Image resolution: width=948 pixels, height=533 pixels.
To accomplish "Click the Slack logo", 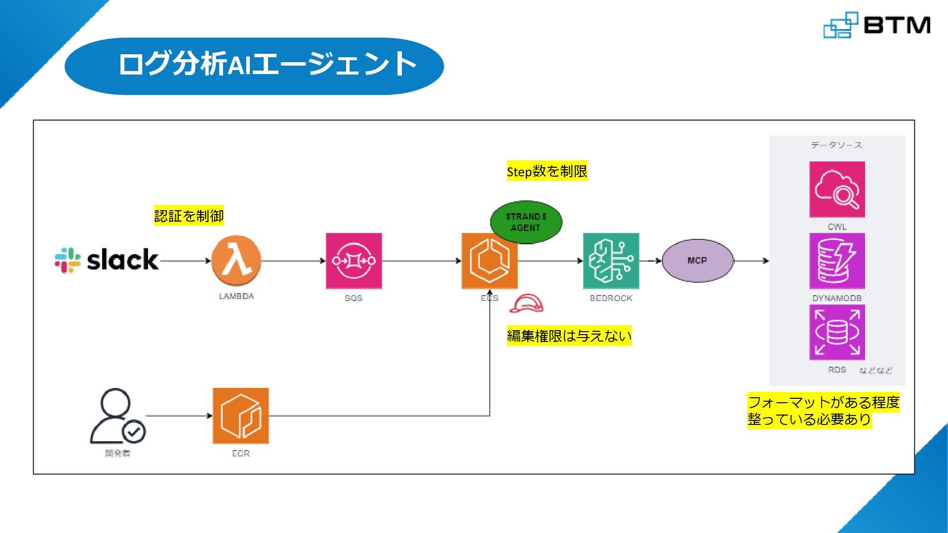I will (107, 260).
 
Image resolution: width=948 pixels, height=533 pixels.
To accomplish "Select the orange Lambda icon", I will (236, 261).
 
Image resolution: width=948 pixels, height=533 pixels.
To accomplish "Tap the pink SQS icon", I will (354, 261).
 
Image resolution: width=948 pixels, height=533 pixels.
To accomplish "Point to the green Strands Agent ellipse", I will (526, 222).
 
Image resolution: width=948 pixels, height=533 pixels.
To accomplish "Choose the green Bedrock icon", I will (611, 261).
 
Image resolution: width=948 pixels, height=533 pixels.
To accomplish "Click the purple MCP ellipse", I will (697, 261).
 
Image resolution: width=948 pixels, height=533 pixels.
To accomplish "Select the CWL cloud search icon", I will (837, 189).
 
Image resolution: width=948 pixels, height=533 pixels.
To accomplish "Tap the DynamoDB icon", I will (837, 261).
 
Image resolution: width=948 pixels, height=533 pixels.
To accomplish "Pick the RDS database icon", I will (837, 332).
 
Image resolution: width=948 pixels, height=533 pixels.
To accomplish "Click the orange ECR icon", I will (240, 416).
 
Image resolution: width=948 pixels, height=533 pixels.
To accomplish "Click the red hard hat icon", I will (526, 304).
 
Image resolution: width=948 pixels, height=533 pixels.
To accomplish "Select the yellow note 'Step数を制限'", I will (547, 171).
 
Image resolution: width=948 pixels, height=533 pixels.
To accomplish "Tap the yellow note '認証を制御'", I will (189, 216).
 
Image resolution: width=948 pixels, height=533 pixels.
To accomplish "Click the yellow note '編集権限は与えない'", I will (569, 336).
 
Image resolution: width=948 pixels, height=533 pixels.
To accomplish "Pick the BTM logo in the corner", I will (877, 25).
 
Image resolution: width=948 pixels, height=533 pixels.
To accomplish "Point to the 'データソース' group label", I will (836, 145).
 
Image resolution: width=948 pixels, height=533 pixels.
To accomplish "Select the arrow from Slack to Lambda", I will (185, 261).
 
